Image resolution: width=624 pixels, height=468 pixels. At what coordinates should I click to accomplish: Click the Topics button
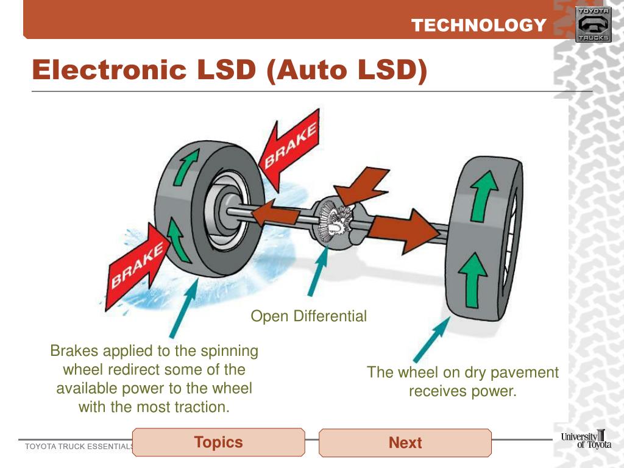218,442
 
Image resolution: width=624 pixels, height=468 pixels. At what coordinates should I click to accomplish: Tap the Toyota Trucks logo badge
592,25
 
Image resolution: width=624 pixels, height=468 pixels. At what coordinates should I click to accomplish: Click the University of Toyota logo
586,439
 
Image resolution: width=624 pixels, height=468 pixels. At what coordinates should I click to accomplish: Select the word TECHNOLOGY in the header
478,26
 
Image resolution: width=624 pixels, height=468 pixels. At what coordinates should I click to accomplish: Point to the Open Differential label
309,316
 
